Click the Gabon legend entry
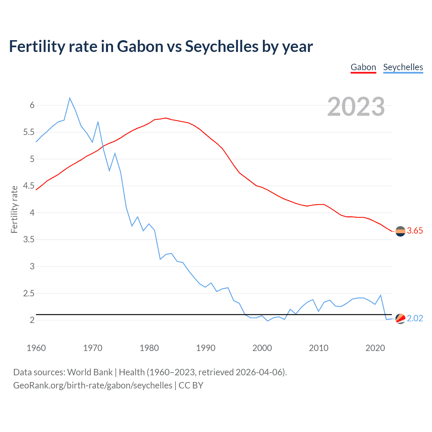[363, 67]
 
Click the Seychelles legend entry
[403, 67]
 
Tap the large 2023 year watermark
[356, 107]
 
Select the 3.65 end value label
[415, 231]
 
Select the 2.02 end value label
[415, 319]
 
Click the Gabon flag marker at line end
[400, 231]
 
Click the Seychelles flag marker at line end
[400, 319]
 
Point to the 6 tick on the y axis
[32, 105]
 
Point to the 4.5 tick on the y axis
[29, 186]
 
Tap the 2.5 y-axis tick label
[29, 294]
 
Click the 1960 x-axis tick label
[36, 348]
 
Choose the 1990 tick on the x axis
[206, 348]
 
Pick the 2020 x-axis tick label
[375, 348]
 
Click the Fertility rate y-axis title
[14, 209]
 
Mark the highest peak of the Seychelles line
[70, 98]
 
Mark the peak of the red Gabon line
[166, 118]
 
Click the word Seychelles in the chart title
[222, 47]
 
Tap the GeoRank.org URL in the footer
[92, 385]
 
